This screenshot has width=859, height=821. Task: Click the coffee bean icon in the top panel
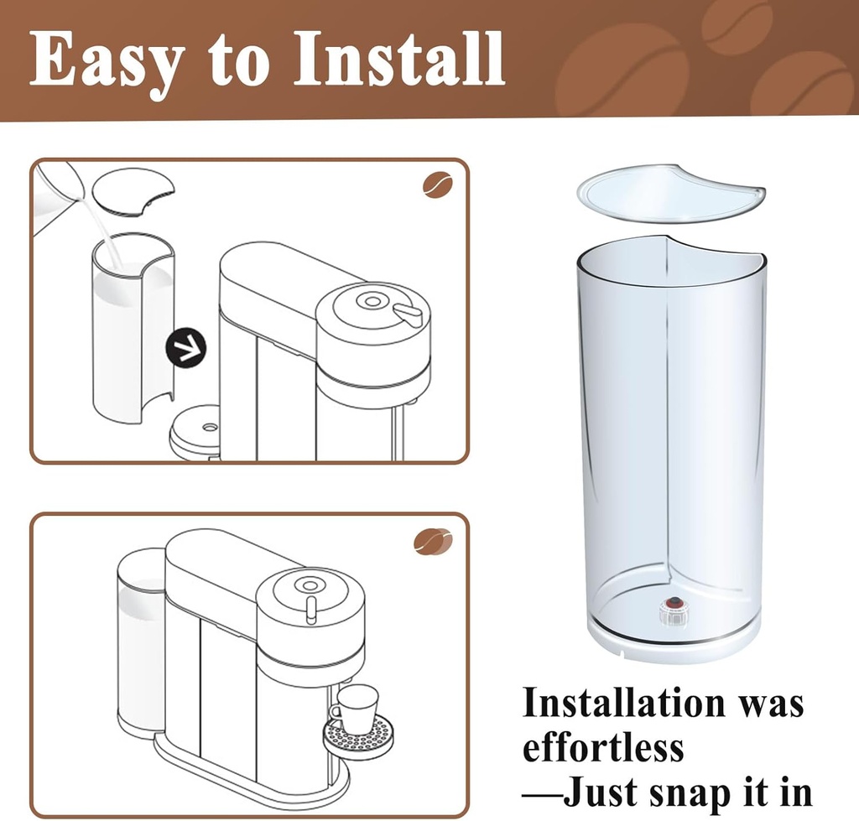437,184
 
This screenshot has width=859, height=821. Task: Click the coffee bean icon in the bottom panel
433,542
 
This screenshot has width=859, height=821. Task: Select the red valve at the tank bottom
673,604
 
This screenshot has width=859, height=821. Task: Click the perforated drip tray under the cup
358,738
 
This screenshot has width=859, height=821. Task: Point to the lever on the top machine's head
409,314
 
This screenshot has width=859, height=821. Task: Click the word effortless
602,747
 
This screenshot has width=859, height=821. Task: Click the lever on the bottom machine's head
311,610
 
